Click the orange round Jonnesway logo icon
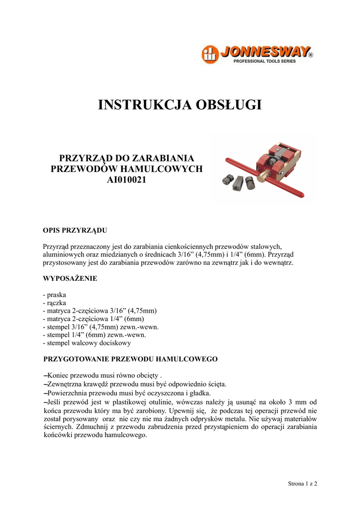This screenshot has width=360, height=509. click(210, 54)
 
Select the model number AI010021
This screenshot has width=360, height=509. click(127, 179)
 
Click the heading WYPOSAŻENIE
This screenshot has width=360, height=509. click(70, 278)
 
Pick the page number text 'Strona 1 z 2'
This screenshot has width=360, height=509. click(303, 483)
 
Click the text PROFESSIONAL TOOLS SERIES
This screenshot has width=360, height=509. click(265, 61)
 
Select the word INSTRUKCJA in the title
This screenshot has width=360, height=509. click(143, 105)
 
